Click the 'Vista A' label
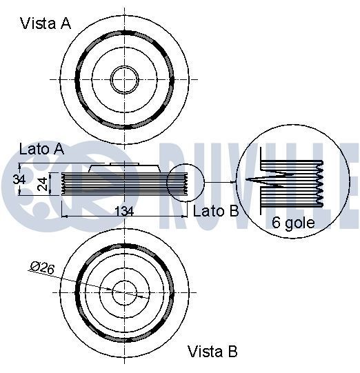click(x=46, y=23)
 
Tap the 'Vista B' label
click(x=212, y=352)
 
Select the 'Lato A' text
click(x=41, y=148)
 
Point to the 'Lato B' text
click(x=215, y=211)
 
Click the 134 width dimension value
click(x=123, y=211)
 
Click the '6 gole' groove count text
click(x=292, y=223)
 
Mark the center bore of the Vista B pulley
click(x=123, y=291)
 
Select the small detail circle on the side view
click(x=185, y=183)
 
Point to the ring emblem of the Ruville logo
click(x=28, y=183)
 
